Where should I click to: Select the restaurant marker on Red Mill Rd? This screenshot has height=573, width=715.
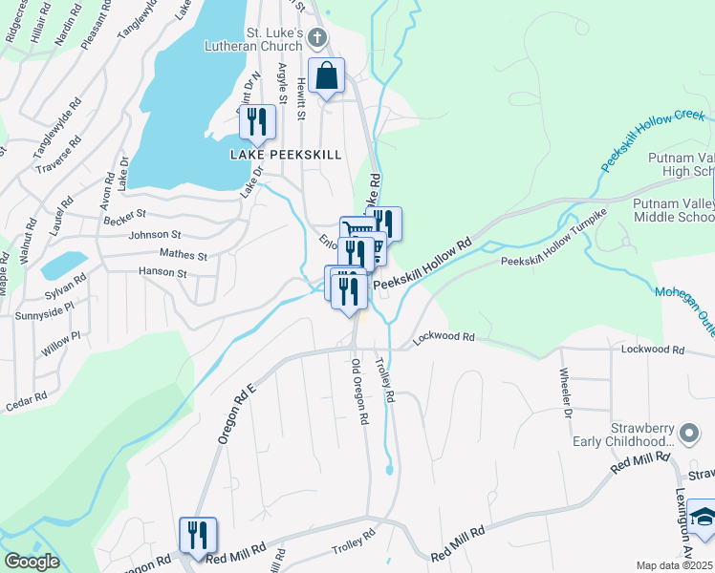coord(198,536)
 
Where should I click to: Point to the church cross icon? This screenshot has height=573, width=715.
coord(318,37)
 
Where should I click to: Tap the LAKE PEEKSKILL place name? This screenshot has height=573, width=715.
coord(286,155)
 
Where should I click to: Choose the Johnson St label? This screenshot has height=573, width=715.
coord(155,235)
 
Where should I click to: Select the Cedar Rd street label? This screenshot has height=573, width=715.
coord(26,397)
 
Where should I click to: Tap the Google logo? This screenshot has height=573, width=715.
coord(32,562)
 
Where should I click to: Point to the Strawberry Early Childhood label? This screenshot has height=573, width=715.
coord(631,435)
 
